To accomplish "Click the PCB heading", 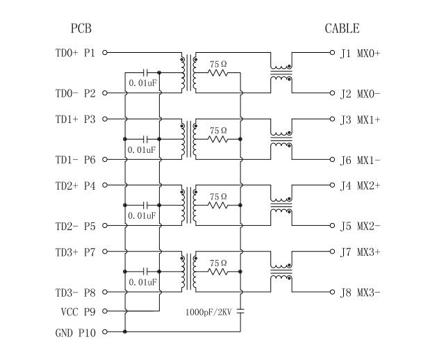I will pyautogui.click(x=81, y=28).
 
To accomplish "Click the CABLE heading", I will pyautogui.click(x=342, y=28).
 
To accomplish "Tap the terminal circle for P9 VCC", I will pyautogui.click(x=106, y=312).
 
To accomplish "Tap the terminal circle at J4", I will pyautogui.click(x=333, y=186).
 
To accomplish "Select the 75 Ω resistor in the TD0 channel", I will pyautogui.click(x=218, y=72).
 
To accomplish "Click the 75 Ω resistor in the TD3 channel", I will pyautogui.click(x=218, y=272).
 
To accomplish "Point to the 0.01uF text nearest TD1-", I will pyautogui.click(x=142, y=149).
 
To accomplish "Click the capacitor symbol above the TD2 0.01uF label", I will pyautogui.click(x=145, y=205).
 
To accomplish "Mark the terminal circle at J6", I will pyautogui.click(x=333, y=159).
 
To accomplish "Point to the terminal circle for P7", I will pyautogui.click(x=106, y=252).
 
